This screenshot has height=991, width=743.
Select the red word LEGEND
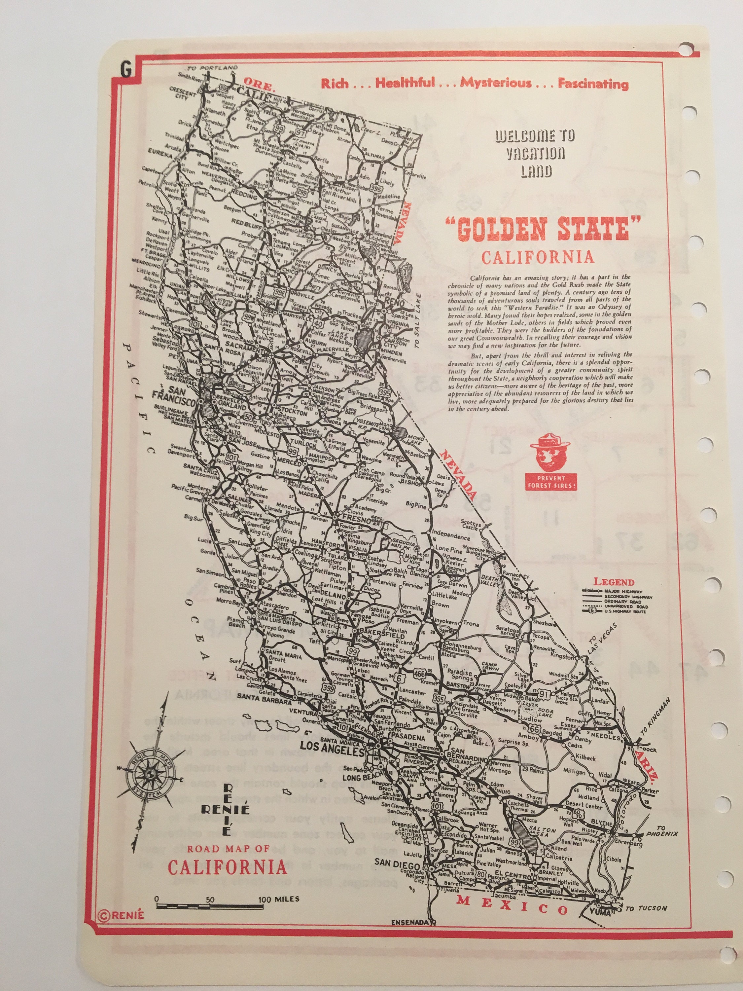point(614,582)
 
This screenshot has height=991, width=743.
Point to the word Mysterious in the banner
point(496,83)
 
